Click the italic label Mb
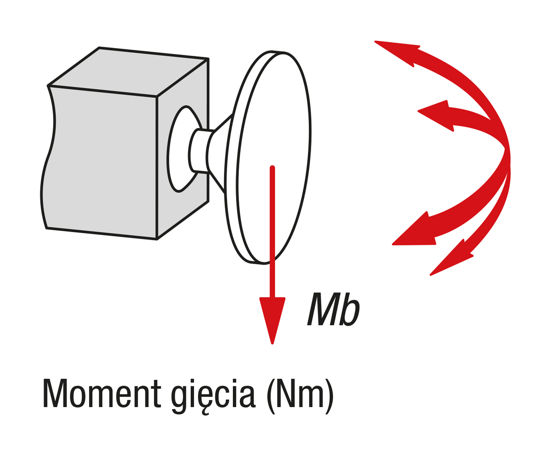[334, 310]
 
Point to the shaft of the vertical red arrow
[272, 232]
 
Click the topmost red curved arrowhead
[397, 53]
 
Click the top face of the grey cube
[128, 71]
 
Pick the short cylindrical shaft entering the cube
[200, 151]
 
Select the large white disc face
[274, 158]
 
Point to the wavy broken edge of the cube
[48, 157]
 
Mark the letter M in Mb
[323, 310]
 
